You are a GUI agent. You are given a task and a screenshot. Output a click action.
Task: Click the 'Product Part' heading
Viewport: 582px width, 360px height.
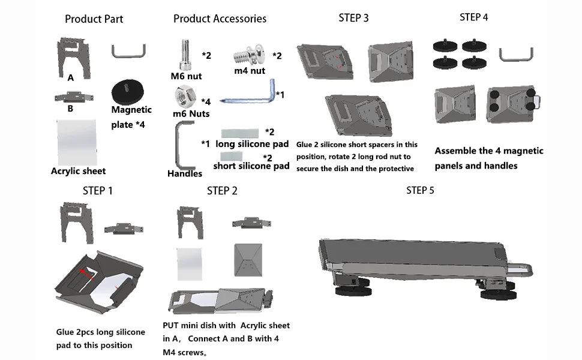(x=94, y=19)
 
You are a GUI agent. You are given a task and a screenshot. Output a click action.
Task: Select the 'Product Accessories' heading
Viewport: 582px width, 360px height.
(x=220, y=19)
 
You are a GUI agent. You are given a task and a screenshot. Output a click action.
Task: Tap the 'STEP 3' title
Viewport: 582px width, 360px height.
(x=353, y=17)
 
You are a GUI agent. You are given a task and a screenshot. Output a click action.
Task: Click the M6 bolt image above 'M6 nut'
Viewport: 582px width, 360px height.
(x=185, y=55)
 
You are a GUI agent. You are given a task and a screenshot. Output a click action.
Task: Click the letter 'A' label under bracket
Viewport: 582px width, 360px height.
(x=71, y=77)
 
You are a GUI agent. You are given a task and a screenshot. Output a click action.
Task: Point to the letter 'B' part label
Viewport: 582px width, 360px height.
(x=70, y=109)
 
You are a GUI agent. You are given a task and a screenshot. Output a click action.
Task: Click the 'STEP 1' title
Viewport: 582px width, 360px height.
(x=97, y=191)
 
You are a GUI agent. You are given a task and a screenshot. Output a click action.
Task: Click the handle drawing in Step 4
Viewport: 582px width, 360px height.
(x=515, y=55)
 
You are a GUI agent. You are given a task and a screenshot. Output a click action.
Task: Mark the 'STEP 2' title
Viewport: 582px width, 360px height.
(x=222, y=191)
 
